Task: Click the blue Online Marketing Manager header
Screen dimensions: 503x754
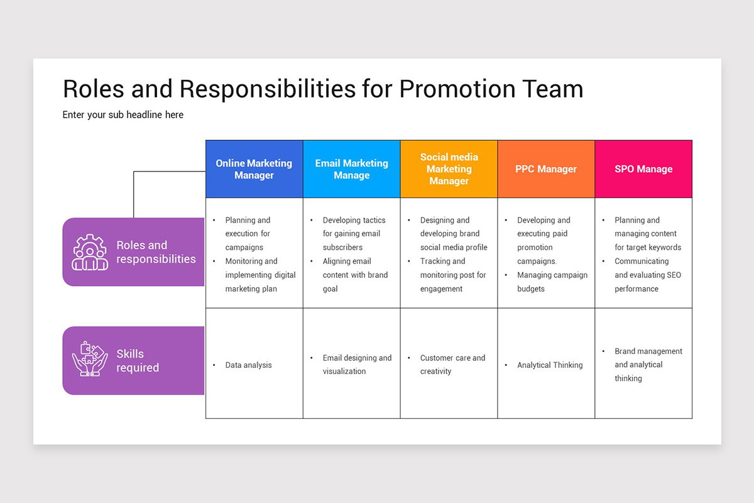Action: (x=254, y=169)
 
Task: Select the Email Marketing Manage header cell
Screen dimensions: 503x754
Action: (x=351, y=169)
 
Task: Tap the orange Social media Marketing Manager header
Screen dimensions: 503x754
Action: (x=449, y=169)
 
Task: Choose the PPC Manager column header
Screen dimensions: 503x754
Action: (x=546, y=169)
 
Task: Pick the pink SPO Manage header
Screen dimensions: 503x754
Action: (x=643, y=169)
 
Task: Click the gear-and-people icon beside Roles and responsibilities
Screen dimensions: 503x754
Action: (x=90, y=252)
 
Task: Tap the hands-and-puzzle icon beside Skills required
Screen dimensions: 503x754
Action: (x=90, y=360)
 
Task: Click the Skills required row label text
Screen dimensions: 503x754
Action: (x=138, y=361)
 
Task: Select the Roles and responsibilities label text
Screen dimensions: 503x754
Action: (x=156, y=252)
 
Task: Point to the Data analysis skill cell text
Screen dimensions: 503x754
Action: (x=248, y=365)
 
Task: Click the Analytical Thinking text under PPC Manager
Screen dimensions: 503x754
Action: (x=550, y=365)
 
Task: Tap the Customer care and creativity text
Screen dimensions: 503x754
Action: (x=452, y=365)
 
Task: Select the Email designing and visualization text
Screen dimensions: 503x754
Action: (x=357, y=365)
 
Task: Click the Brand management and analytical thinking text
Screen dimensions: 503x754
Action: (x=648, y=365)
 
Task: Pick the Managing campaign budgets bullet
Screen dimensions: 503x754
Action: (x=552, y=282)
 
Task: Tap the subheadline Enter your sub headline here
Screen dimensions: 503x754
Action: (x=123, y=115)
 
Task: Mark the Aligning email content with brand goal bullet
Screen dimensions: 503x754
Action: (x=355, y=275)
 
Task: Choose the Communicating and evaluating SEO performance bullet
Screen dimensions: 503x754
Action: (x=647, y=275)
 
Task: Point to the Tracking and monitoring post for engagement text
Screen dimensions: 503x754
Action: (x=453, y=275)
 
